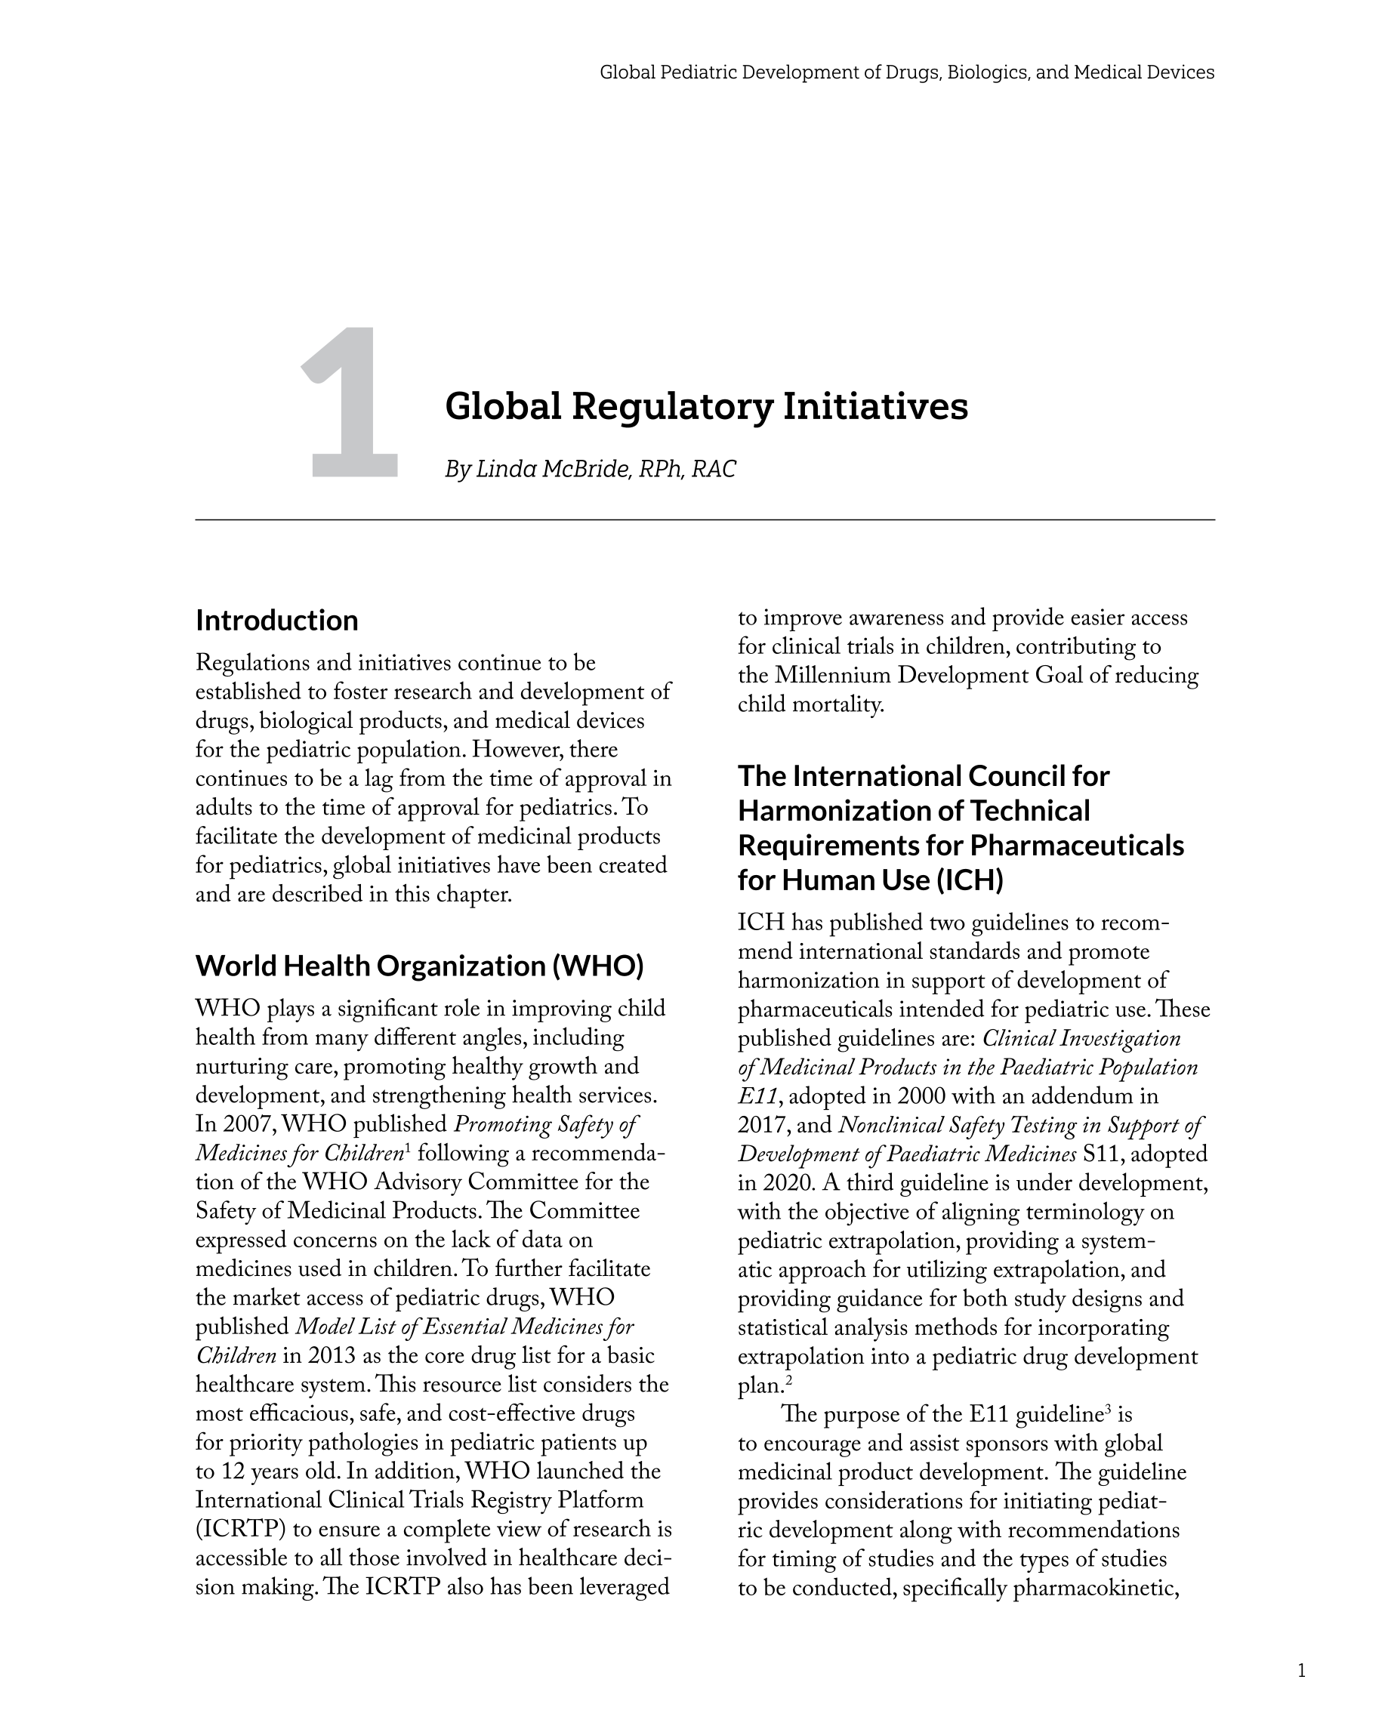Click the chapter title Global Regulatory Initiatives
click(706, 405)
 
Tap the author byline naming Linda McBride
click(590, 469)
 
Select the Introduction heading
click(277, 621)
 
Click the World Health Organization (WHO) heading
click(419, 966)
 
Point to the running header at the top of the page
click(906, 72)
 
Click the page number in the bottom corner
click(1301, 1671)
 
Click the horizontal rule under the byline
click(705, 521)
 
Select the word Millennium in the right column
click(832, 676)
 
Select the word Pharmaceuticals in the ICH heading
click(1076, 846)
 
